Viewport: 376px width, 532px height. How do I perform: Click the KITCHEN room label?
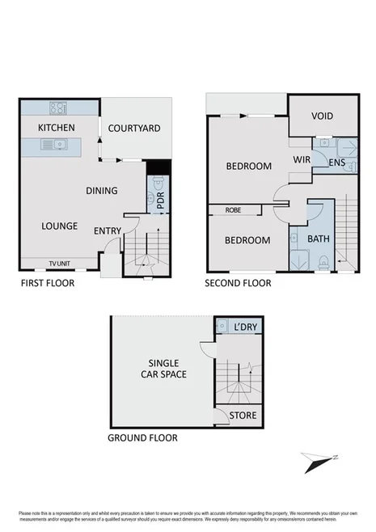click(56, 128)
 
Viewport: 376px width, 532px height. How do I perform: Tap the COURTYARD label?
click(135, 128)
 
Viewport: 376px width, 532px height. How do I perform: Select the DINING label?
click(103, 191)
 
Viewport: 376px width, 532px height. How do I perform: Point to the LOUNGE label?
click(60, 226)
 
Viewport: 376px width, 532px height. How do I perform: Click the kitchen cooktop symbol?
click(58, 108)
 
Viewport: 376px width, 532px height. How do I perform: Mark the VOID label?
click(322, 116)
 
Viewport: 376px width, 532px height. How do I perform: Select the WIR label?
click(302, 161)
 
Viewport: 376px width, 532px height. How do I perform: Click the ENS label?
click(338, 162)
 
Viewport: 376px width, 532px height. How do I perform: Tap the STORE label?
click(243, 416)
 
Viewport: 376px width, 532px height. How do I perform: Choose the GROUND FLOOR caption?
click(142, 438)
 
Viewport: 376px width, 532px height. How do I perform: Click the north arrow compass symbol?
click(317, 462)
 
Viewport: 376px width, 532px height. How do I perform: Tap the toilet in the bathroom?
click(323, 260)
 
